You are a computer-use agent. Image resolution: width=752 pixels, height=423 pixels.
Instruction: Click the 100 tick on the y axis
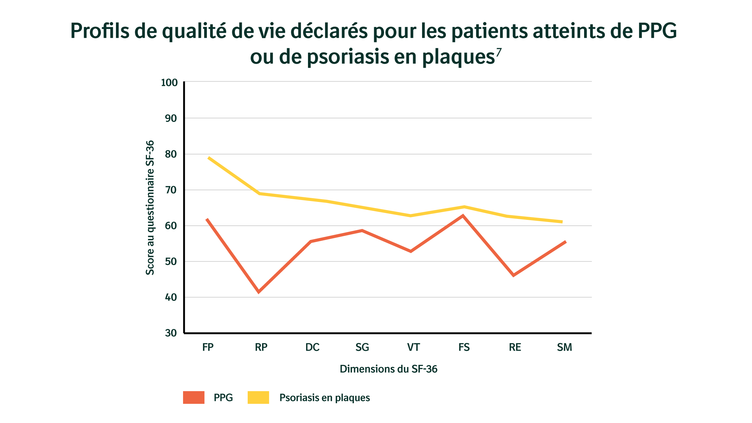169,83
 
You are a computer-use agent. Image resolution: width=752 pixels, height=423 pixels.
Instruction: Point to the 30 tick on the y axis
171,333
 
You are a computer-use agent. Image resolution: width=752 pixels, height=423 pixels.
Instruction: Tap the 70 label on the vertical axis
171,190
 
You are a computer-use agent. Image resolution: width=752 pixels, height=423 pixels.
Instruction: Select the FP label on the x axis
208,347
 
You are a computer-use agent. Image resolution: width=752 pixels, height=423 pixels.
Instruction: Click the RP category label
261,347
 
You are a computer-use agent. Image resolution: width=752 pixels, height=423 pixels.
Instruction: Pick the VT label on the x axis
413,347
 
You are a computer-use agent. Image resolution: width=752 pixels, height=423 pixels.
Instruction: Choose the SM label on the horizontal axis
565,347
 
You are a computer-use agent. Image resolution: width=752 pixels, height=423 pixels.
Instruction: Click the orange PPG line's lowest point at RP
259,292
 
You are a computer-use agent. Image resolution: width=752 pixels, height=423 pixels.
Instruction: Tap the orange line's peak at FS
463,216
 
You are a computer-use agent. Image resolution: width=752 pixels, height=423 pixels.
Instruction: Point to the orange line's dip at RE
513,275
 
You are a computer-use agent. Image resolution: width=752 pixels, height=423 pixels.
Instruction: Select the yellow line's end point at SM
562,222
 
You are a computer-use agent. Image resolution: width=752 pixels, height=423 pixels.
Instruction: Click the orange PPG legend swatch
194,397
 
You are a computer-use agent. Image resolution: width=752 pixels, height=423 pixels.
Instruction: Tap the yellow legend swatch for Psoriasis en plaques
258,397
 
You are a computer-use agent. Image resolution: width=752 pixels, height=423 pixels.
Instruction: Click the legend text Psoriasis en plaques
324,398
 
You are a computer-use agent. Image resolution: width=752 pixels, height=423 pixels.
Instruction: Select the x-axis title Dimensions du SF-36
388,369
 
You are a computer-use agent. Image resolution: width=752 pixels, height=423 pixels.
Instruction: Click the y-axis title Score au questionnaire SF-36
150,207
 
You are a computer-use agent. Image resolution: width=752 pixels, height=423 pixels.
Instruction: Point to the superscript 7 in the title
499,52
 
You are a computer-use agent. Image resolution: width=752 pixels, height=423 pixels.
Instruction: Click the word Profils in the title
100,31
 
